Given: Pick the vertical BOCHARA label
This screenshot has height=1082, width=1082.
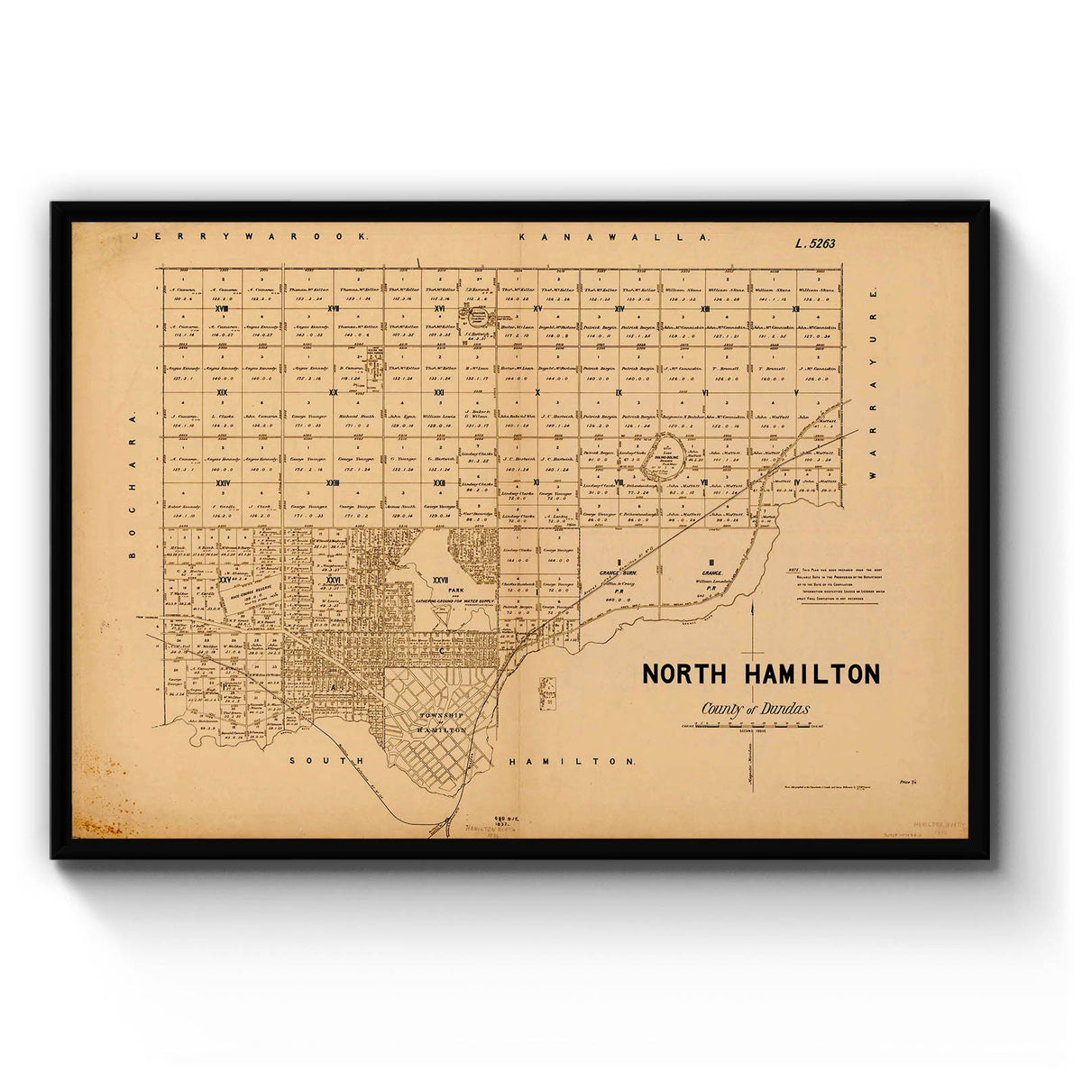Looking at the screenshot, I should click(132, 487).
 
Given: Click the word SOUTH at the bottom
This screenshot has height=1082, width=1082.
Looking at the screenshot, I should click(326, 762).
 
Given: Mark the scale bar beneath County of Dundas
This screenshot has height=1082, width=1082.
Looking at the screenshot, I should click(745, 725).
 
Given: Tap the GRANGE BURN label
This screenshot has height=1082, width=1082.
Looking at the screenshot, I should click(620, 573).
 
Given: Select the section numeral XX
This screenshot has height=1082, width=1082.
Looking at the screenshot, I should click(333, 393).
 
